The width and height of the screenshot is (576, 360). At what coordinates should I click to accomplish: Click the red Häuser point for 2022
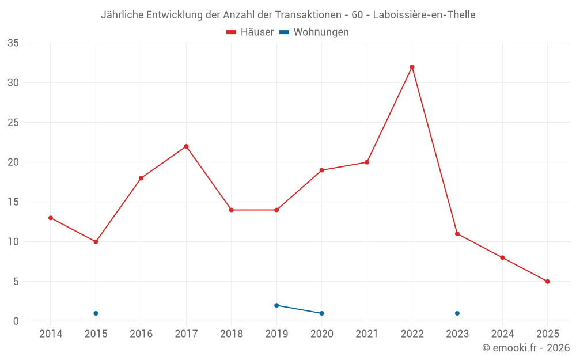(412, 67)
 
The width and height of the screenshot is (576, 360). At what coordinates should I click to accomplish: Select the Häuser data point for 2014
(51, 218)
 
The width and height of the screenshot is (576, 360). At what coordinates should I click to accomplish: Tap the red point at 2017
(186, 146)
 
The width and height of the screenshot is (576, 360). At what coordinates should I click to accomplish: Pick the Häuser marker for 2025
(547, 282)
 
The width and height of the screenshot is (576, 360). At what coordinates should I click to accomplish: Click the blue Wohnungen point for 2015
(96, 313)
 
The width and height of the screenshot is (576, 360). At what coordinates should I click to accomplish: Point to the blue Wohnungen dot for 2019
(276, 305)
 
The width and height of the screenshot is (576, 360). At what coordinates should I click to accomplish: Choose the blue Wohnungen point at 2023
(457, 313)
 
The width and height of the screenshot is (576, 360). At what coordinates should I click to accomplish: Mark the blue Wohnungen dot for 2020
(321, 313)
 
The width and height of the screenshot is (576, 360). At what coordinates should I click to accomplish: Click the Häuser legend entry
(250, 32)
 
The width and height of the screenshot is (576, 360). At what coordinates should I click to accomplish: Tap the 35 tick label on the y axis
(13, 43)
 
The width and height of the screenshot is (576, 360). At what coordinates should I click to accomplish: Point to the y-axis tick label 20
(13, 162)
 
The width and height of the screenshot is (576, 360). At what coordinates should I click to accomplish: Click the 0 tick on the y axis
(16, 321)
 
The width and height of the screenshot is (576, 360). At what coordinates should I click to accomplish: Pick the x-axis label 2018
(231, 334)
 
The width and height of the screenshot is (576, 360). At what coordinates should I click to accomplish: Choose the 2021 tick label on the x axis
(367, 334)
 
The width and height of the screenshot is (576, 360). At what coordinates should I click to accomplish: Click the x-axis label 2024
(502, 334)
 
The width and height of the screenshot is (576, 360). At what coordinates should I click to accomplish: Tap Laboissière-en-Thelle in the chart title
(424, 15)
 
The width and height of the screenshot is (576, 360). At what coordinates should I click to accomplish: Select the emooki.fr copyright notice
(525, 348)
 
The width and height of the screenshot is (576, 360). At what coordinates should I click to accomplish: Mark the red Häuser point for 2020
(321, 170)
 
